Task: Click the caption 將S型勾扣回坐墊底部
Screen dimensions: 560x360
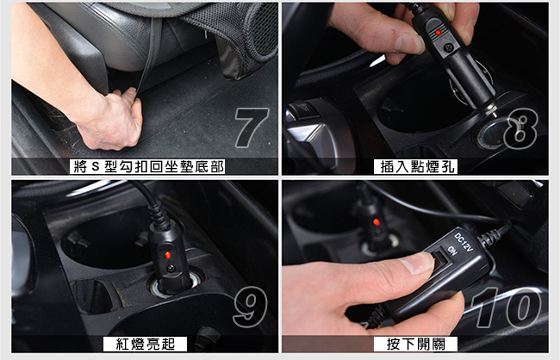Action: [x=147, y=167]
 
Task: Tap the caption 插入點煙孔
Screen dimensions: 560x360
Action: [x=415, y=167]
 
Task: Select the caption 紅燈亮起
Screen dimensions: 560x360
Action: [x=145, y=344]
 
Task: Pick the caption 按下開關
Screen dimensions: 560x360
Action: [x=415, y=344]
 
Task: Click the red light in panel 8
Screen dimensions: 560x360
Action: [x=439, y=33]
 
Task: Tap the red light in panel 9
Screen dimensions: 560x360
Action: [x=167, y=255]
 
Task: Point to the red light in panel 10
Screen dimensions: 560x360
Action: [x=376, y=222]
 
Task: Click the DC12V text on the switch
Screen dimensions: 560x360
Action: [x=464, y=241]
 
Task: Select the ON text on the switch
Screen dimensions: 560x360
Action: [x=452, y=251]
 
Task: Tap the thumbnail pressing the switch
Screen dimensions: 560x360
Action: [x=417, y=263]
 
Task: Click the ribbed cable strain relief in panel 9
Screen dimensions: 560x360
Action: [x=159, y=214]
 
